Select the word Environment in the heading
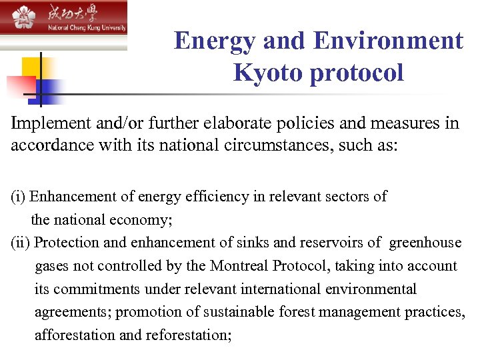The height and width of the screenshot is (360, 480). pos(388,41)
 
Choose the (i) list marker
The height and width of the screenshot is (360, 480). pos(18,197)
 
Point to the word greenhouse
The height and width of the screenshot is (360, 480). pos(425,243)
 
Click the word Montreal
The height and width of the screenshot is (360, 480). pos(237,266)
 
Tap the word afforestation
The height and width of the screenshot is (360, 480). pos(75,335)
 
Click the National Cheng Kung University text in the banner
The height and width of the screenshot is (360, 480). pos(86,29)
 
